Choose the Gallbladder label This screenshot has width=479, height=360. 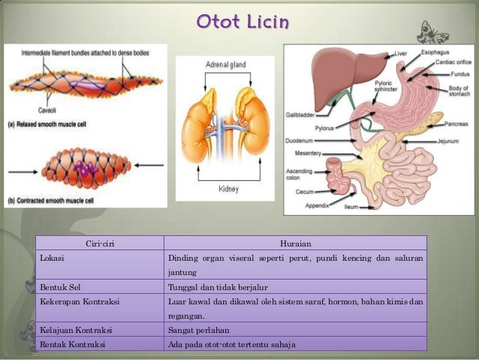point(300,116)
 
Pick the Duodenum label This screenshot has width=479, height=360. point(300,140)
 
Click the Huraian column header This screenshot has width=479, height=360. point(295,243)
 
